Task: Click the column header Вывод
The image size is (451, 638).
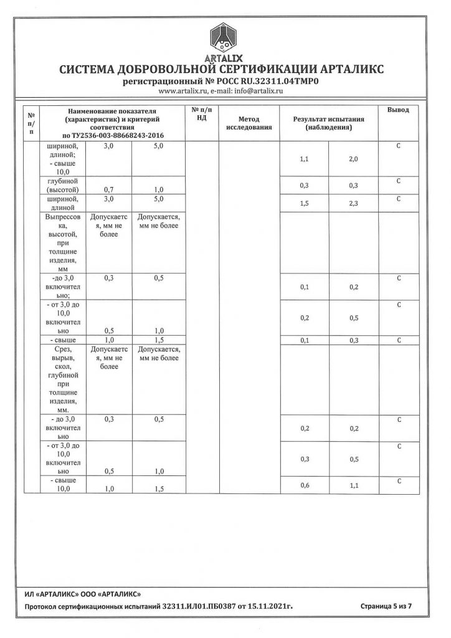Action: [398, 110]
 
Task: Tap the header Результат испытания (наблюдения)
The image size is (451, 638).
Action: [328, 123]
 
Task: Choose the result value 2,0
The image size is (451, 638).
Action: [353, 159]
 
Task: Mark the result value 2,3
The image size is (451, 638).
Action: [353, 203]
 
